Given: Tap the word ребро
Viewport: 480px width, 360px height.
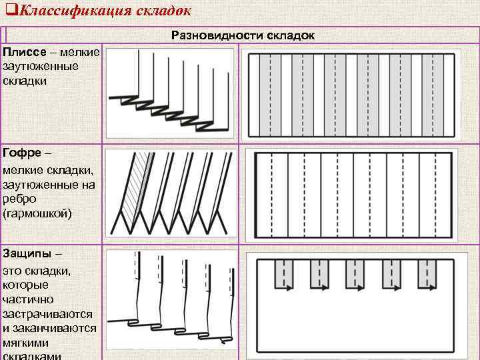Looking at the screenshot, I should click(20, 199).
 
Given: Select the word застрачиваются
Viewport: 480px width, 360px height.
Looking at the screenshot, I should click(47, 313).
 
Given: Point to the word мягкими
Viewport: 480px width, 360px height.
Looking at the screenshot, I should click(27, 343).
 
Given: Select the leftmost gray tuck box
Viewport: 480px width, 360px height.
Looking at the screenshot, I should click(285, 273).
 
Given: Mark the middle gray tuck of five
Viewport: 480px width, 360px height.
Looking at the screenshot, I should click(354, 273).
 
